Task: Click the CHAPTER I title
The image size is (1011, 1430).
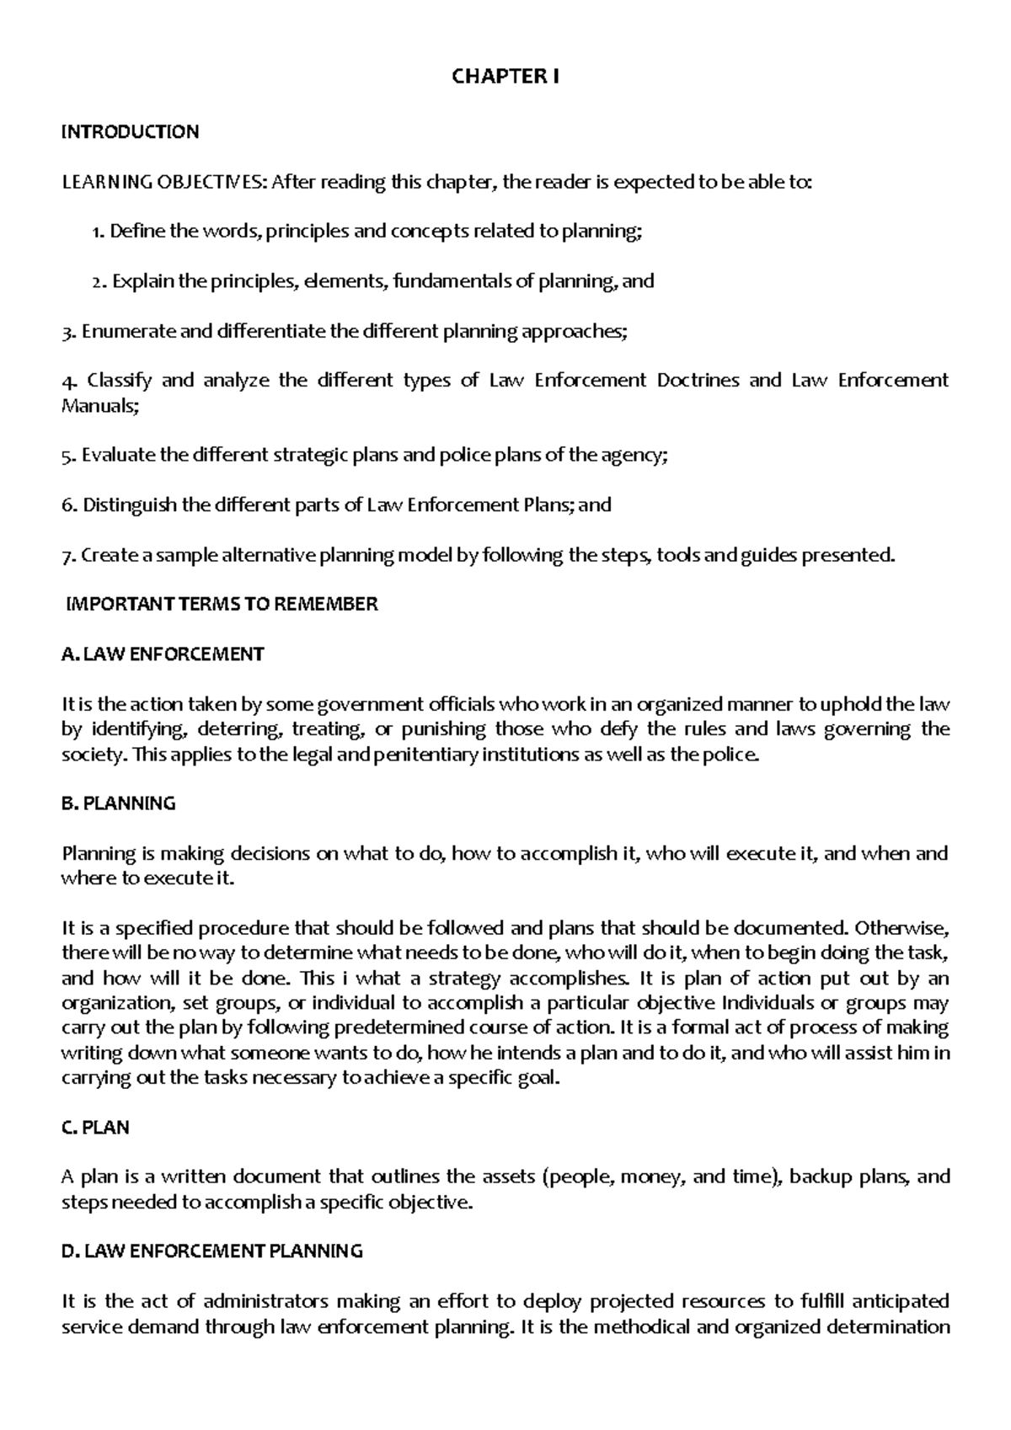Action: [505, 77]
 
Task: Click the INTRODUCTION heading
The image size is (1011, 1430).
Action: [131, 131]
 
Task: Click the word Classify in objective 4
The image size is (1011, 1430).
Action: [119, 380]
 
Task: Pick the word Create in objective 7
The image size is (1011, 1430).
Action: [105, 555]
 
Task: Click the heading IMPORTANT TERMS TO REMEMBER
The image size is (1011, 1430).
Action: [222, 604]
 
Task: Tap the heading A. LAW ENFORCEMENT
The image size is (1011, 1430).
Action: [163, 654]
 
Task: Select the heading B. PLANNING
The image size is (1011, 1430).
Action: [119, 803]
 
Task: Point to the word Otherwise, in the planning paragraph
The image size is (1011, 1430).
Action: [901, 928]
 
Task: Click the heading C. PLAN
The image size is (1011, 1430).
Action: [96, 1128]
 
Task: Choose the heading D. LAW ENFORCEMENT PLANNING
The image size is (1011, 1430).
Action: [212, 1251]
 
